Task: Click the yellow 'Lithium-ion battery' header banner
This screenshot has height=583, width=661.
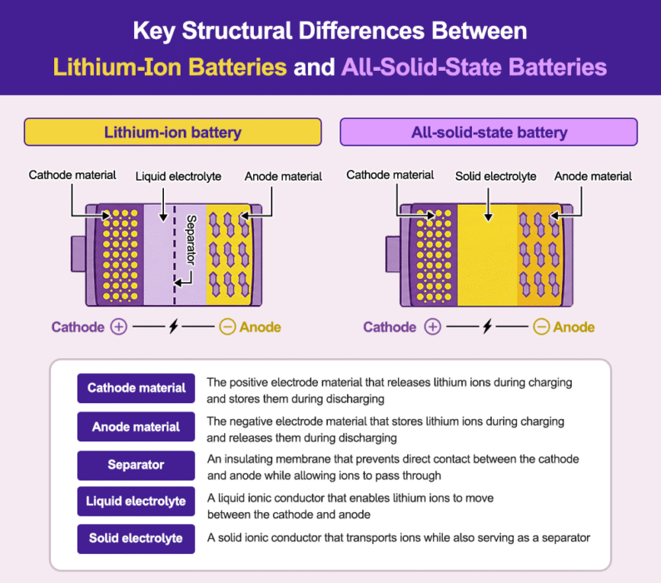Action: point(172,132)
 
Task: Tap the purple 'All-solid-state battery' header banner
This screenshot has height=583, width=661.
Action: point(489,132)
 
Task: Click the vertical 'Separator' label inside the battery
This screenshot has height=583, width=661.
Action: point(191,241)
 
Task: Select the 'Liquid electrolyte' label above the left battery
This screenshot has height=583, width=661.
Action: point(178,177)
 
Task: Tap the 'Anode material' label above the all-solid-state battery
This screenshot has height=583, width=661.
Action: point(593,177)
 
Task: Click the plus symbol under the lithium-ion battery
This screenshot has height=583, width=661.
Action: point(119,327)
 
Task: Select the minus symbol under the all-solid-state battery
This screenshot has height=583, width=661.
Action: point(541,327)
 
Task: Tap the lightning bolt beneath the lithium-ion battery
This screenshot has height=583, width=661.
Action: point(173,327)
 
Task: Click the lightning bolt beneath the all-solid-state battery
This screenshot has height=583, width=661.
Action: point(487,327)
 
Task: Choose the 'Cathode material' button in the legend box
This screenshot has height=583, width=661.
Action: point(137,388)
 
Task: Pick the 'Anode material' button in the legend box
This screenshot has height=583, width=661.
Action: point(137,427)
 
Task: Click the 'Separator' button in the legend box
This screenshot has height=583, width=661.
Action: point(137,466)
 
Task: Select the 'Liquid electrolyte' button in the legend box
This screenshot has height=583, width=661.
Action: point(137,501)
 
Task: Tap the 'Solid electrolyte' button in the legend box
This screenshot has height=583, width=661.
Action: point(137,538)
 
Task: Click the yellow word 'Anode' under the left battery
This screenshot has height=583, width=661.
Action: point(260,327)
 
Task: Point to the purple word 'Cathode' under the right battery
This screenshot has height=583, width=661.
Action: point(390,327)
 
